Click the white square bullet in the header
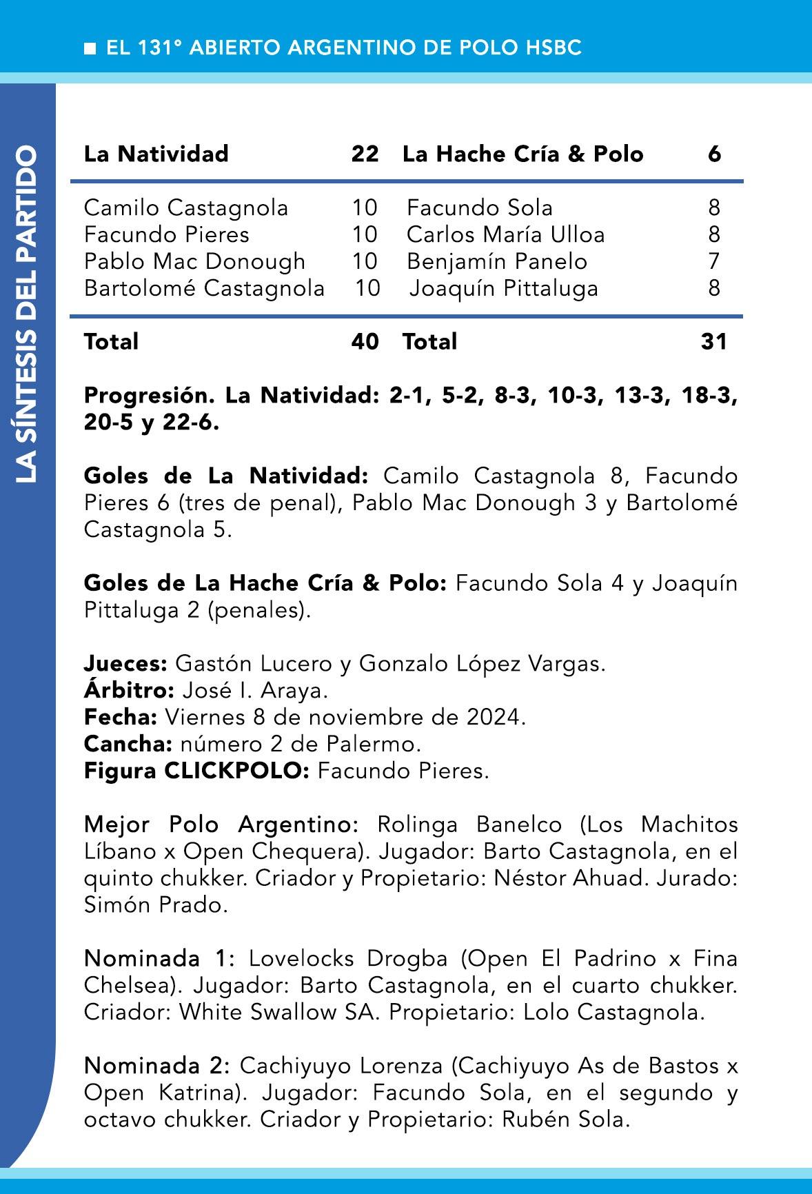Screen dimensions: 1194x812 click(x=90, y=48)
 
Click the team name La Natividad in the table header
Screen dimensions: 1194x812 click(x=156, y=153)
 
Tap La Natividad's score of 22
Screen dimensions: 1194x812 click(x=365, y=153)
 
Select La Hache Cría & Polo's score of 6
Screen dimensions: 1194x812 click(x=714, y=153)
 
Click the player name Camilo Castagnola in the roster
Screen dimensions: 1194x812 click(x=186, y=208)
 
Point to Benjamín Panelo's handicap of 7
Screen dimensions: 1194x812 click(x=714, y=261)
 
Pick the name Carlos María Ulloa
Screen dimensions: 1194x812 click(x=505, y=234)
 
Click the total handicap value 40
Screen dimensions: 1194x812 click(x=365, y=341)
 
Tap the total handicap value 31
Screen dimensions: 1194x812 click(x=714, y=341)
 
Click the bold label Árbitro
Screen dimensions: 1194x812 click(x=129, y=690)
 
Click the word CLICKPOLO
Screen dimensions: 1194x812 click(x=236, y=771)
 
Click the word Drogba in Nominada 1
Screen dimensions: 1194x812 click(x=407, y=958)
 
